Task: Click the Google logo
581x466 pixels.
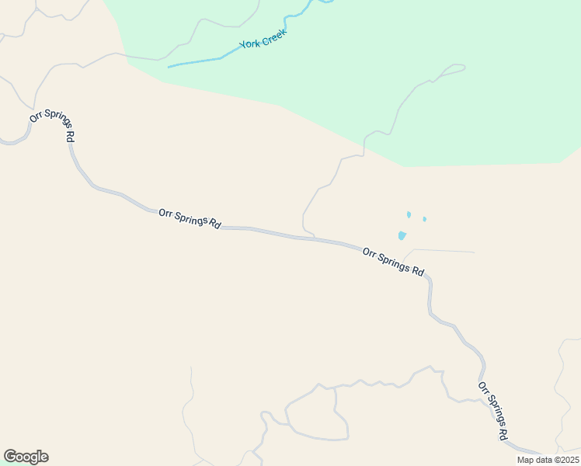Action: coord(26,457)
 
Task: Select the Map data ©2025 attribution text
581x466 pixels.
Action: coord(548,460)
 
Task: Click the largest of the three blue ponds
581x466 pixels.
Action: coord(402,235)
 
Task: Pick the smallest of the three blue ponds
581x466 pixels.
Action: coord(424,219)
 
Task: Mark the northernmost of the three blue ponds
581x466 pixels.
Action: coord(409,214)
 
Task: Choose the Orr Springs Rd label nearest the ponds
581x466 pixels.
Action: coord(393,262)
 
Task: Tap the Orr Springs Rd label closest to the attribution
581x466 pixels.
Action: coord(492,410)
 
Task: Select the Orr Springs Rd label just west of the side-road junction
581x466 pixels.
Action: coord(189,217)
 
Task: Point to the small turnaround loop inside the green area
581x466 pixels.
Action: coord(454,69)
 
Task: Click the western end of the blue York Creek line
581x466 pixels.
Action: coord(169,67)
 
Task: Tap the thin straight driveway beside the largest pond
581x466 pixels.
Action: coord(443,251)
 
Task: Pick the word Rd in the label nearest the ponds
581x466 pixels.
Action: coord(418,272)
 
